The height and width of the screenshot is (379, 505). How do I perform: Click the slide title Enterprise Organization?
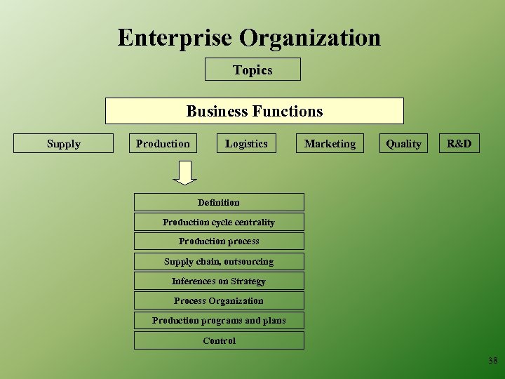click(x=249, y=37)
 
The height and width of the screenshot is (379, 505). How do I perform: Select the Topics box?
click(x=252, y=69)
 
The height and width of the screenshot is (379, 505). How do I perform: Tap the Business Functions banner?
click(x=254, y=111)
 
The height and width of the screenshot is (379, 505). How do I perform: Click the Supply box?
click(x=64, y=143)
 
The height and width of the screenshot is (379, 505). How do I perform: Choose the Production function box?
click(x=163, y=143)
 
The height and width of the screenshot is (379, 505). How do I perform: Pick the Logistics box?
click(x=246, y=143)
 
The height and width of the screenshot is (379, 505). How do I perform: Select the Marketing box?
click(x=330, y=143)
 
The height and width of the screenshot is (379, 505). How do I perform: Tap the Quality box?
click(x=403, y=143)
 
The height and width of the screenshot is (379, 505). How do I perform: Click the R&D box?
click(x=459, y=143)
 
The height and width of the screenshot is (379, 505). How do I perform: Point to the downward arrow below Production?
click(x=185, y=173)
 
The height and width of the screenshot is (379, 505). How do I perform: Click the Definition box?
click(x=219, y=202)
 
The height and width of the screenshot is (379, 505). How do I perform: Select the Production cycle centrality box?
click(x=219, y=222)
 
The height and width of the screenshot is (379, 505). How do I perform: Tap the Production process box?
click(x=219, y=241)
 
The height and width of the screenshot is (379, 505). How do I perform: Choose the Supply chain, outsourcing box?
click(x=219, y=261)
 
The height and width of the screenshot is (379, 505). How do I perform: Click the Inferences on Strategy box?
click(x=219, y=281)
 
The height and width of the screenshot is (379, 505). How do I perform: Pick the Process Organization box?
click(x=219, y=300)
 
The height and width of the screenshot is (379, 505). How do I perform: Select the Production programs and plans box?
click(x=219, y=320)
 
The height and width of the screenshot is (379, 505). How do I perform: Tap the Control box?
click(x=219, y=340)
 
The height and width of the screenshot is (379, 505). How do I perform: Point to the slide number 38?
click(x=492, y=361)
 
